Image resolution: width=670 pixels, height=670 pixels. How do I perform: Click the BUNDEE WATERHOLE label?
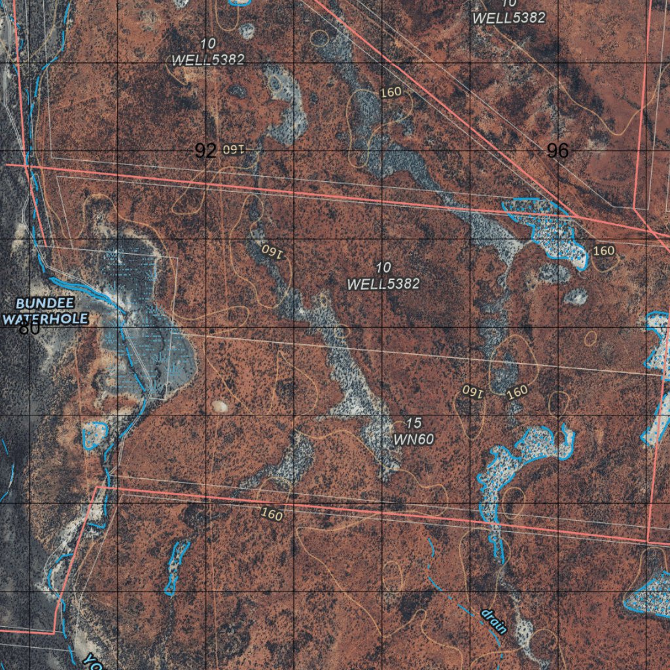click(45, 311)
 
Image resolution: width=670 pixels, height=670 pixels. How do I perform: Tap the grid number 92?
click(205, 151)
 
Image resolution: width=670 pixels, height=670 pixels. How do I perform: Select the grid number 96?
click(557, 151)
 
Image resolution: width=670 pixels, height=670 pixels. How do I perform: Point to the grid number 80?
click(29, 328)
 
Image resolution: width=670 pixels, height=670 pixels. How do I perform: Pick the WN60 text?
click(414, 439)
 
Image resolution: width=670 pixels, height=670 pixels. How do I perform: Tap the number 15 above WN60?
click(414, 424)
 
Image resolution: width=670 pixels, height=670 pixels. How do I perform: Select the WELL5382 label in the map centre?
click(383, 284)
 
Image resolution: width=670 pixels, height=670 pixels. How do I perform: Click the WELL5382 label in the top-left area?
click(208, 60)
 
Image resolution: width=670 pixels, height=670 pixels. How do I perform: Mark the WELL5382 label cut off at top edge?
click(509, 18)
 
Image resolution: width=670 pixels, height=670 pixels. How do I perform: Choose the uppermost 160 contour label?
click(391, 92)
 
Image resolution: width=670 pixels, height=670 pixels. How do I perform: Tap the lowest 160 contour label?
click(271, 514)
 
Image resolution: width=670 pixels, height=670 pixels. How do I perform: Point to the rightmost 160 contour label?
click(603, 251)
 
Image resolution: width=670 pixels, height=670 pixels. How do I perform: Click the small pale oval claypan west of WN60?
click(219, 406)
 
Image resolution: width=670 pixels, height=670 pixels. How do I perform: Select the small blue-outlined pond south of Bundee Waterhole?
click(96, 434)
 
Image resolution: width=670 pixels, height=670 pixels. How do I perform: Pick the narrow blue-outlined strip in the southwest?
click(175, 567)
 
